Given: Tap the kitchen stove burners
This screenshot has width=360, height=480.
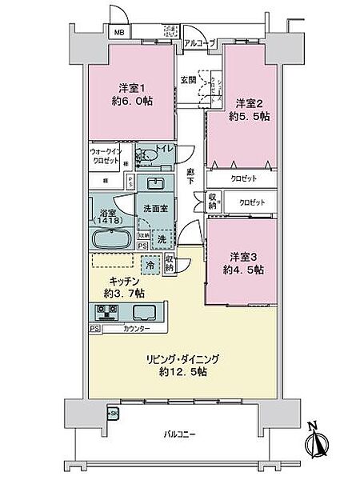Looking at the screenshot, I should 107,311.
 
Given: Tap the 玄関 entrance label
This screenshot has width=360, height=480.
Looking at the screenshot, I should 187,79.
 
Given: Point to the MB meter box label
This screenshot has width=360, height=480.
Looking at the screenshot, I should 118,33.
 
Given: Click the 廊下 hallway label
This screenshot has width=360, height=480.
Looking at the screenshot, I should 190,178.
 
